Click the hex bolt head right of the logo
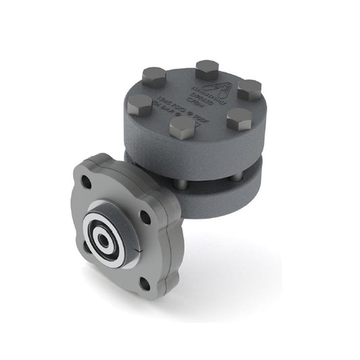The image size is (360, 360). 249,89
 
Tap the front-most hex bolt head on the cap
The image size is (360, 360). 182,127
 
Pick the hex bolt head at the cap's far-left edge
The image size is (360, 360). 139,104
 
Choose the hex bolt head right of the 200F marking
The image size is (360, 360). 238,119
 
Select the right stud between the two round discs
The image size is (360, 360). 236,178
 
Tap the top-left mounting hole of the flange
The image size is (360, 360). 86,181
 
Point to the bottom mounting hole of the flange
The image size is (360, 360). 144,282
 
